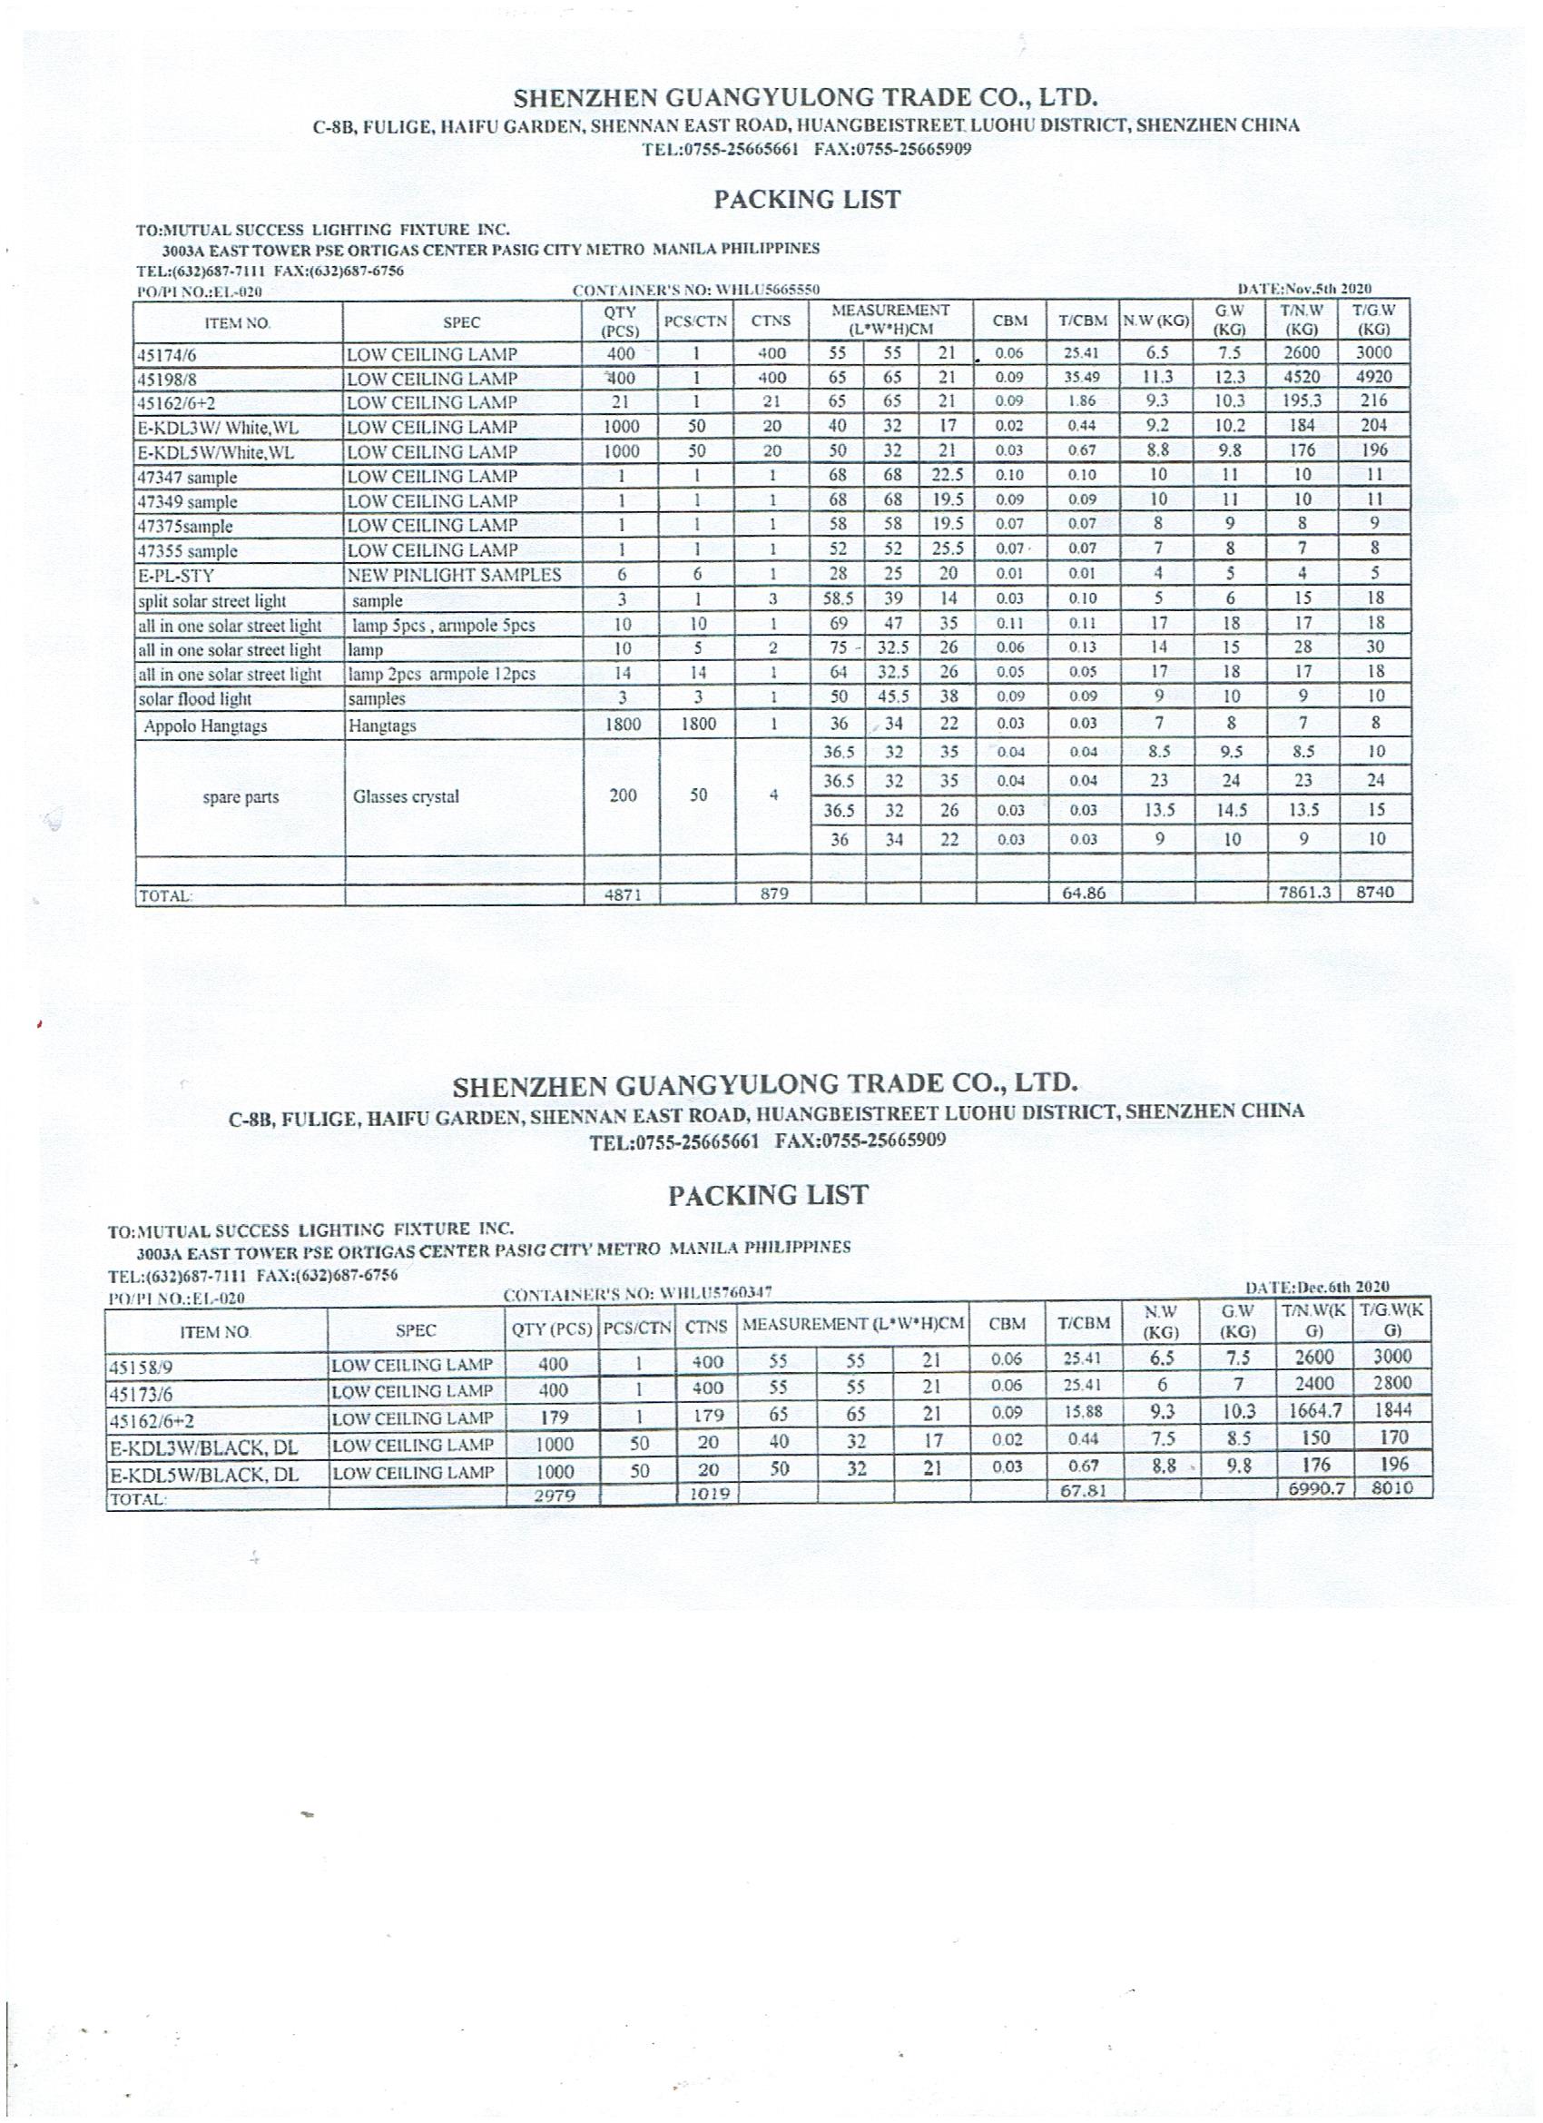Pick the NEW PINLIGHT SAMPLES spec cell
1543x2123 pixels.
click(x=454, y=575)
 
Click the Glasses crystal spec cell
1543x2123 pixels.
click(x=406, y=797)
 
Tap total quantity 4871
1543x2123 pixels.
click(x=623, y=894)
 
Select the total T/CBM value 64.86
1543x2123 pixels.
click(x=1084, y=893)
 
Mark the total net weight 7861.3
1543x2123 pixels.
click(x=1304, y=893)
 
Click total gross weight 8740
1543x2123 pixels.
click(x=1375, y=893)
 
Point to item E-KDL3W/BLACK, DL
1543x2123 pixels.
click(x=204, y=1448)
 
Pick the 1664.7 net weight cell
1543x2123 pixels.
click(x=1314, y=1412)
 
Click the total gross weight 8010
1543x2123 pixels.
click(x=1391, y=1488)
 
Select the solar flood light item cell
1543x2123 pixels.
click(x=194, y=699)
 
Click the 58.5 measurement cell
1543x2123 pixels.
click(x=838, y=599)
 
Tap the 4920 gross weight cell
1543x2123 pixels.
click(x=1374, y=377)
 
